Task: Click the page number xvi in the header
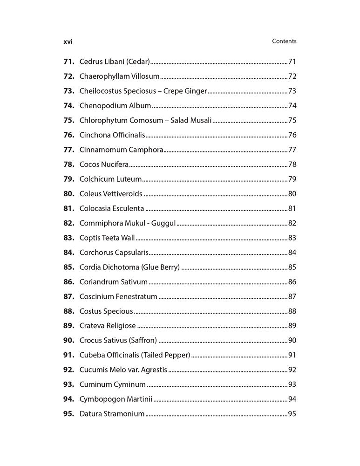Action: (x=68, y=41)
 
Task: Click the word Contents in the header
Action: (x=284, y=41)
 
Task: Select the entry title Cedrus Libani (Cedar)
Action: (x=115, y=62)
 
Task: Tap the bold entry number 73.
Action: (x=69, y=91)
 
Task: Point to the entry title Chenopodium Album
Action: (x=115, y=106)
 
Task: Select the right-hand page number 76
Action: (x=292, y=135)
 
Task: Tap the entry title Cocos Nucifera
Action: (x=104, y=164)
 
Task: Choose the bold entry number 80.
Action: (x=69, y=194)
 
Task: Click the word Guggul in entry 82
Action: (x=164, y=223)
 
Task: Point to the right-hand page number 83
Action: (x=292, y=238)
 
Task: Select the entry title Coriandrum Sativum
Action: (x=114, y=282)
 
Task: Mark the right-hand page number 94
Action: (x=292, y=399)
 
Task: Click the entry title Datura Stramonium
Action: (x=112, y=414)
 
